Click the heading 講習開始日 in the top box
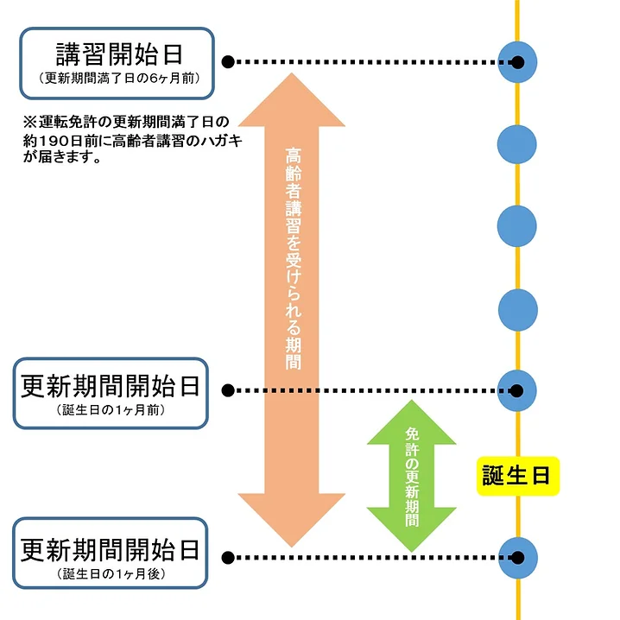point(119,54)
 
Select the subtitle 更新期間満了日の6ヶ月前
point(119,78)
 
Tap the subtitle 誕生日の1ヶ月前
point(111,410)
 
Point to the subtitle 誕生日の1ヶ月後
point(111,573)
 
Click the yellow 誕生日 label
point(517,475)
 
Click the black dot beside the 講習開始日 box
point(228,62)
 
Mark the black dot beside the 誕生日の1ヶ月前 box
point(228,390)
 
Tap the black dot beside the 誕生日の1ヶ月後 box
point(228,557)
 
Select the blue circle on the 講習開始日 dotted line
point(518,62)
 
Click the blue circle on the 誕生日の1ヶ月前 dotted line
point(518,390)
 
